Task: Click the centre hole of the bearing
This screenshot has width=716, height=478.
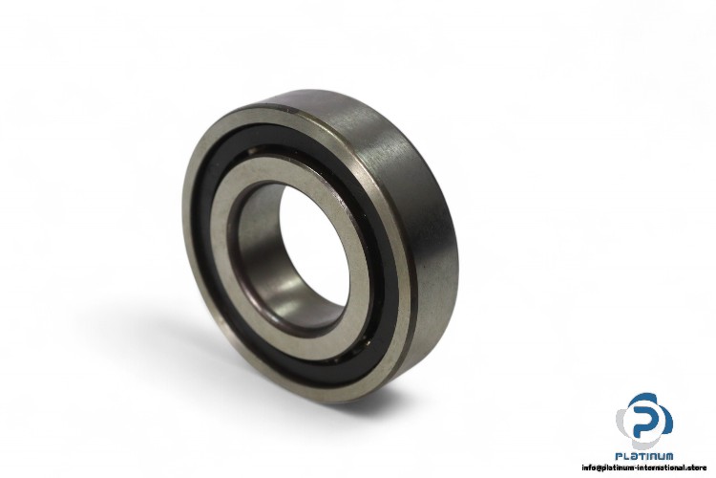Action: click(315, 250)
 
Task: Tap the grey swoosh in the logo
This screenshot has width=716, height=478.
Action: click(622, 424)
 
